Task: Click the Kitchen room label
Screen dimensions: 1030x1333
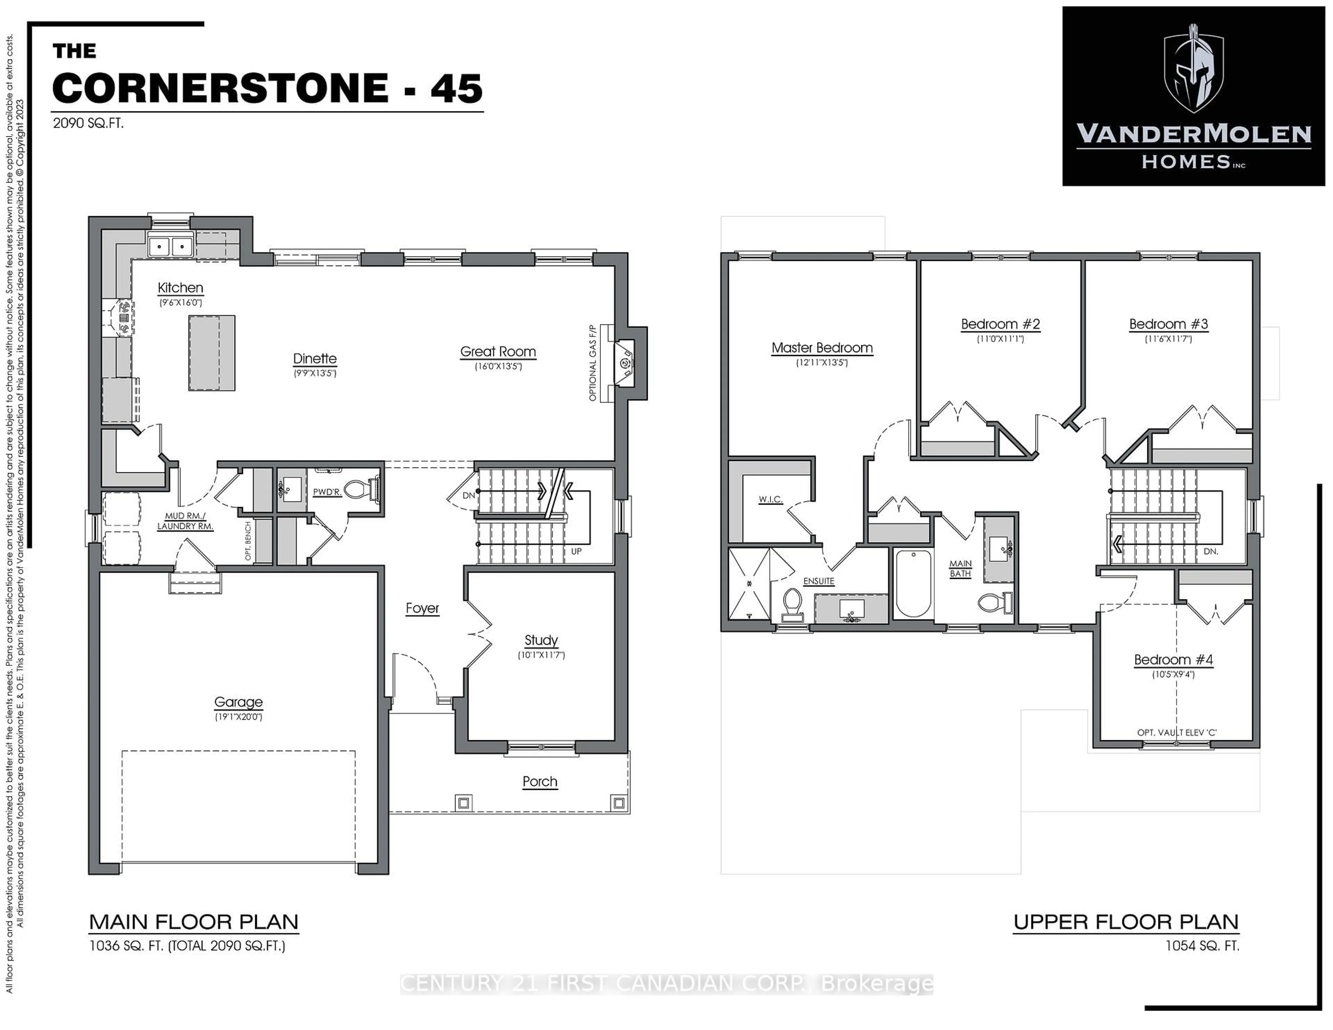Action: [180, 288]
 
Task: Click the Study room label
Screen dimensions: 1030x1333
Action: [541, 640]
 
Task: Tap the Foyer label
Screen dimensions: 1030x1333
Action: [422, 608]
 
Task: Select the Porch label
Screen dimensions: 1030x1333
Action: [539, 782]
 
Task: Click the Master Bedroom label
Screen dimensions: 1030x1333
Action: [822, 348]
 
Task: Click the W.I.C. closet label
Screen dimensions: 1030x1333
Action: [770, 499]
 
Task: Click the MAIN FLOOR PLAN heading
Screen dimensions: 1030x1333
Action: [193, 922]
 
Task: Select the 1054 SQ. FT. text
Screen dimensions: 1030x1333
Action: [1202, 946]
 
